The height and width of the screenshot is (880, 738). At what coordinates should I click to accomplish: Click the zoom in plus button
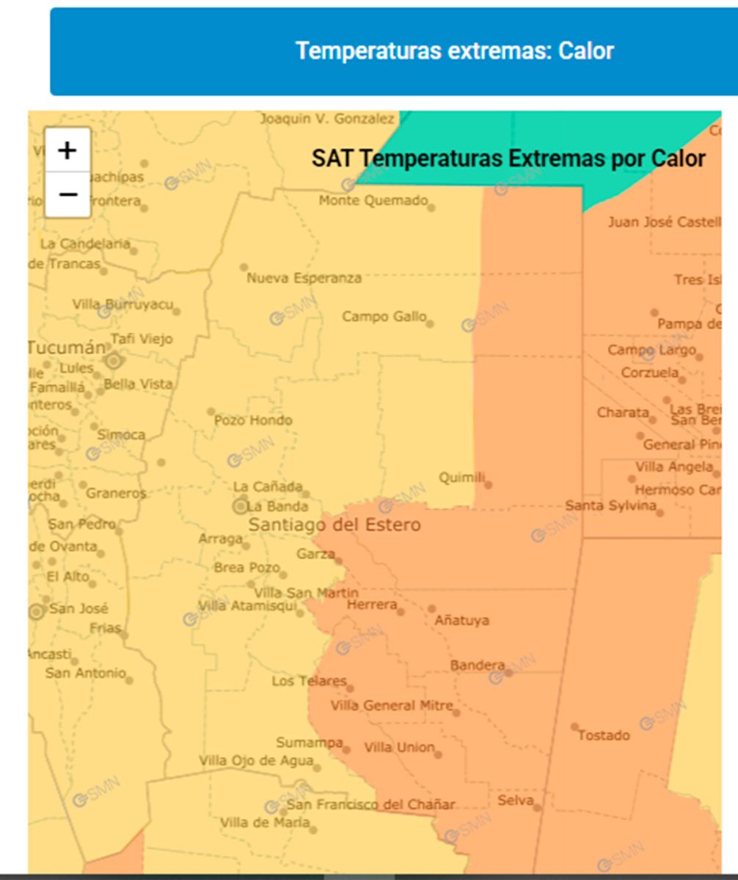pos(67,150)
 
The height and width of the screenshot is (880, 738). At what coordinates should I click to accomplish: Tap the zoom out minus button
pos(67,194)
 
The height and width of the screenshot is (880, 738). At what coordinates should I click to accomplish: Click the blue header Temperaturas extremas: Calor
pos(455,51)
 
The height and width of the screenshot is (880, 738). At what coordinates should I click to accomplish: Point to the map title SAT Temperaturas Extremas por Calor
pos(508,158)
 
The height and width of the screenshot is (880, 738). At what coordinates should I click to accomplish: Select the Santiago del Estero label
pos(335,525)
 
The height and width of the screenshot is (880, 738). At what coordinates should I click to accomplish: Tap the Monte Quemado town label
pos(373,200)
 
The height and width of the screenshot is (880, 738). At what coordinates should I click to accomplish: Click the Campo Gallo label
pos(384,317)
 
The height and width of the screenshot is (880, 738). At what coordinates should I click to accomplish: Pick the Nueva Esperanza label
pos(304,279)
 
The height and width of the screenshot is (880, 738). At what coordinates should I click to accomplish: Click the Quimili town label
pos(462,478)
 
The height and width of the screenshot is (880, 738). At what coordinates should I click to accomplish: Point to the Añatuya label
pos(461,620)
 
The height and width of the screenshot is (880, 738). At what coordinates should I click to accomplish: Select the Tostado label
pos(603,735)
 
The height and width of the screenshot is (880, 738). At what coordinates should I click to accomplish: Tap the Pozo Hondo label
pos(252,420)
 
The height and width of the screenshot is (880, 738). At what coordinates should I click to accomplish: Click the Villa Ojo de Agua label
pos(256,761)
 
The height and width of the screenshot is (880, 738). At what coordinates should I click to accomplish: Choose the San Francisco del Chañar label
pos(376,804)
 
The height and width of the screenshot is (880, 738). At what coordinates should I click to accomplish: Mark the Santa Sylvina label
pos(610,506)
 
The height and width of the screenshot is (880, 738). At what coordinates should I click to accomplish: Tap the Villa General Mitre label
pos(391,705)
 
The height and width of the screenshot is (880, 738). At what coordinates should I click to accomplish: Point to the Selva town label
pos(515,800)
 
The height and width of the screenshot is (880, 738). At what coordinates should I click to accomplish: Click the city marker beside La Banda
pos(241,506)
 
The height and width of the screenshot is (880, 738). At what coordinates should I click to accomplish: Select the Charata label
pos(623,412)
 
